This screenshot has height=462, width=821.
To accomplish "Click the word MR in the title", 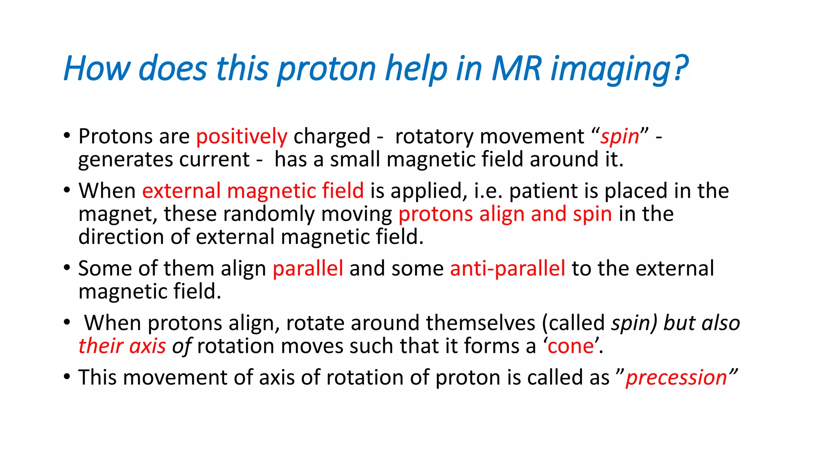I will coord(517,68).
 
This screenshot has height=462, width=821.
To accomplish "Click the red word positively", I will coord(242,136).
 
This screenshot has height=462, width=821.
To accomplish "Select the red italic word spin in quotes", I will coord(619,136).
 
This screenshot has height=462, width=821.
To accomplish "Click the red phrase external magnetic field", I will coord(253,190).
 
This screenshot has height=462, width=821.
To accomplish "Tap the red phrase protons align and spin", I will coord(505,214).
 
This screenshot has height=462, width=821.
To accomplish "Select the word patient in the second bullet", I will coord(543,190).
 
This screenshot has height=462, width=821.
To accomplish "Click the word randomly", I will coord(269,214).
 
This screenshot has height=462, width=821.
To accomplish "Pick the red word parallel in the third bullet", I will coord(308,268).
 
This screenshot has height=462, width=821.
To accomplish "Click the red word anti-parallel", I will coord(508,268).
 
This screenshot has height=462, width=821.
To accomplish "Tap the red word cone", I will coord(570,346).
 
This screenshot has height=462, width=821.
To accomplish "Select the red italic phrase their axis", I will coord(122,346).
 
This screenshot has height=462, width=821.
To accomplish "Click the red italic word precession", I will coord(676,378).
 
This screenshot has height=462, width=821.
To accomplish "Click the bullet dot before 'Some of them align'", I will coord(67,268).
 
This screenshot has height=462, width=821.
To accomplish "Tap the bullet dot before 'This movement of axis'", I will coord(67,377).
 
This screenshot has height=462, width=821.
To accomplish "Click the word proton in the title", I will coord(327,68).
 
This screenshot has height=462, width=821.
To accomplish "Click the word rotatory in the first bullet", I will coord(434,136).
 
